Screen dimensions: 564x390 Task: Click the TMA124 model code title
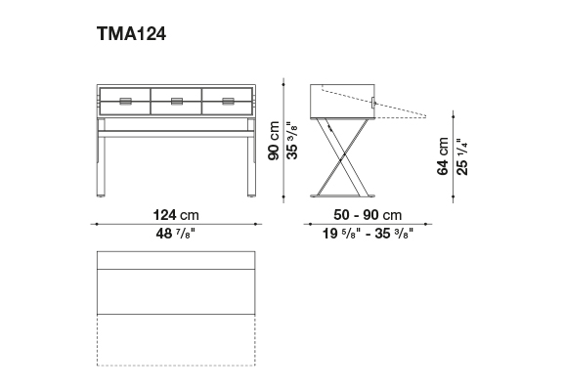tap(131, 34)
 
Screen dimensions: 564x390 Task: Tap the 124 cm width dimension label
tap(176, 215)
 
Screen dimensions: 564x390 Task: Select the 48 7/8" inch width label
tap(176, 234)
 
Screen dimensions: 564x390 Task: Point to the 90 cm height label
tap(274, 141)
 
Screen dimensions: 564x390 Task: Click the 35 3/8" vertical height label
tap(292, 141)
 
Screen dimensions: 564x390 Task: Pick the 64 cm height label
tap(443, 156)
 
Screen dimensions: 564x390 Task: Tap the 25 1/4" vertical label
tap(461, 156)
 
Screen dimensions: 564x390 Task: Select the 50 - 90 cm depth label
tap(368, 215)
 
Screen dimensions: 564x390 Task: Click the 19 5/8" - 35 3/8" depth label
tap(368, 234)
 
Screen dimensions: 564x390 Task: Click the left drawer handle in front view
tap(126, 102)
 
